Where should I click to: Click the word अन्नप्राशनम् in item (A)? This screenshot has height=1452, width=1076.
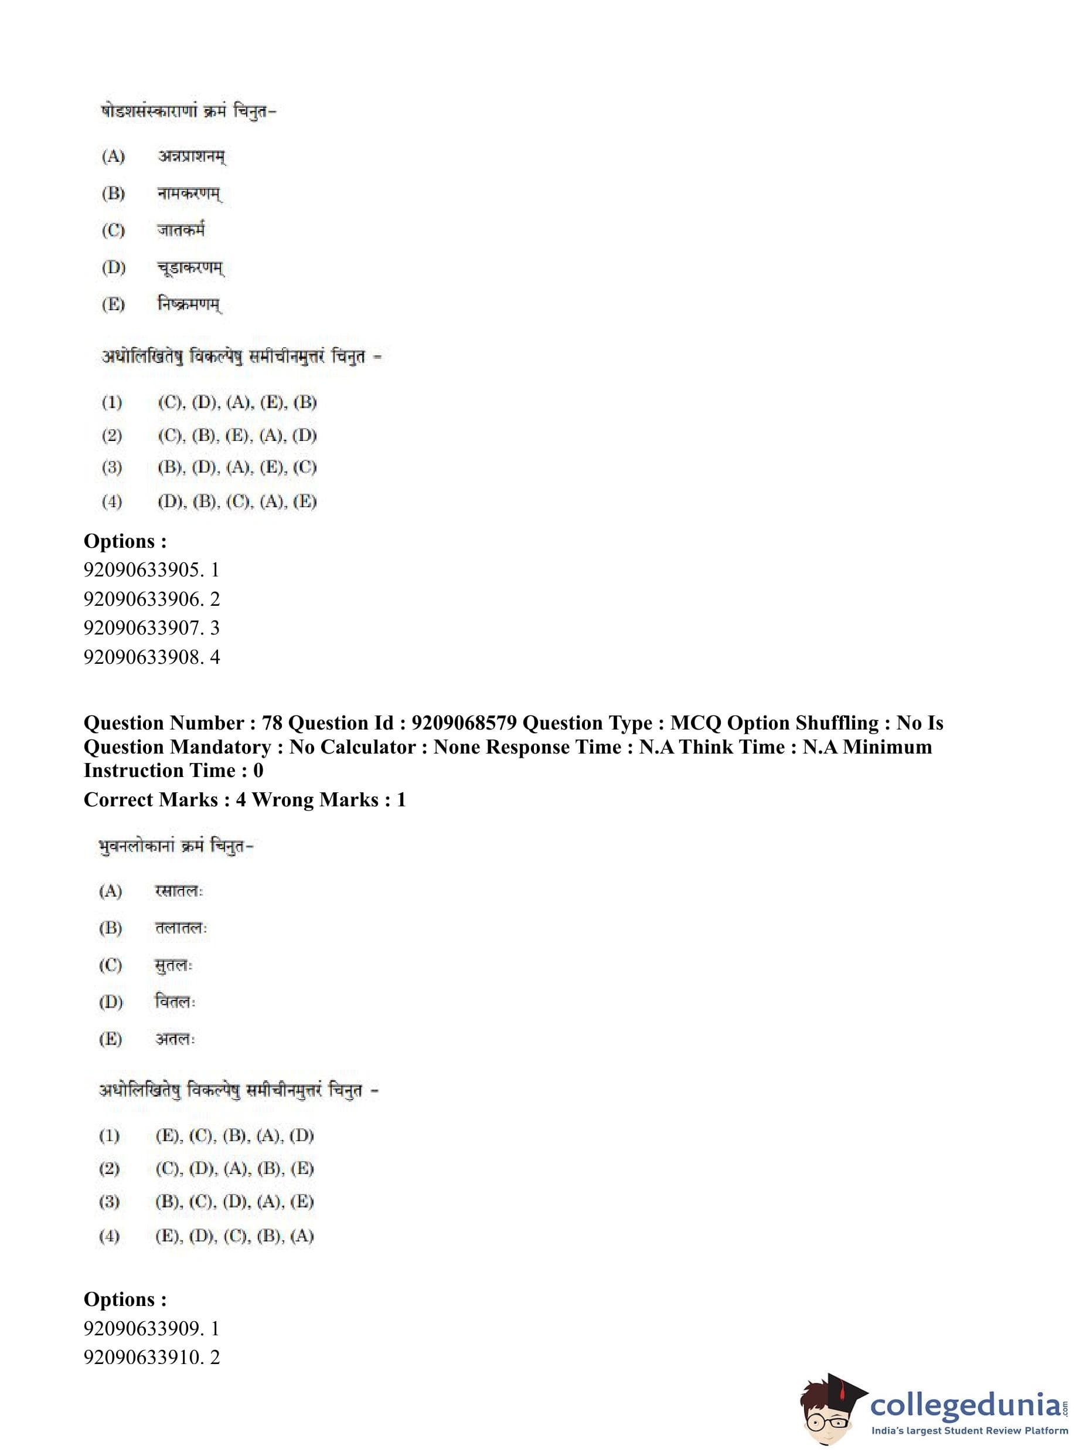point(192,157)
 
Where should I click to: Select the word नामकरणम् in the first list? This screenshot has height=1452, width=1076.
point(189,194)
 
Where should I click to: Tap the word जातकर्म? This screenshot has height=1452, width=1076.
point(181,230)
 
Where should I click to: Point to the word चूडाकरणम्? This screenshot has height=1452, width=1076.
point(191,267)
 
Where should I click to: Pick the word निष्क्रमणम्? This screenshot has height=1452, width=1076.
point(189,304)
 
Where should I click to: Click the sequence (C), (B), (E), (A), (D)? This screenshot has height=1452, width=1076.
point(237,435)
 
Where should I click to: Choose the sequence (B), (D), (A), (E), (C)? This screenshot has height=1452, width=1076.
point(237,468)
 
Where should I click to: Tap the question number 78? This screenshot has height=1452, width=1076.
point(271,724)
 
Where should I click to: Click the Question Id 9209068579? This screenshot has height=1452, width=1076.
point(464,724)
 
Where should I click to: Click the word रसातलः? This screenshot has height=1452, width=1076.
point(179,891)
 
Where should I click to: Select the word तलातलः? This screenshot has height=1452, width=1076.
point(181,929)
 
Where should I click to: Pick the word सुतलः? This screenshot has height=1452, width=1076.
point(173,966)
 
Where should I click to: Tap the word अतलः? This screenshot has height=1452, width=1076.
point(175,1040)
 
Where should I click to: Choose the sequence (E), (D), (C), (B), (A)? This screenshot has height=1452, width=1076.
point(234,1236)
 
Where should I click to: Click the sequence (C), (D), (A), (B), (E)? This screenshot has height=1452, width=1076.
point(234,1169)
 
